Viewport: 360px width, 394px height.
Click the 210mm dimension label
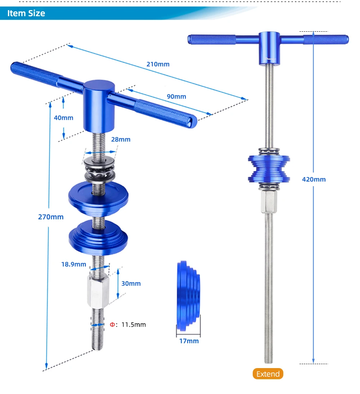[158, 64]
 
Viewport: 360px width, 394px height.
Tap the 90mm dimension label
[176, 97]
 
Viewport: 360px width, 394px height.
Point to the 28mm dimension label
[121, 139]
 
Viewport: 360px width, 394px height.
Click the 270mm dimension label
[51, 217]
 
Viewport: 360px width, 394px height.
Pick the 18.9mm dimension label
[73, 264]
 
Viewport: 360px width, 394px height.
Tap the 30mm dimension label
[131, 283]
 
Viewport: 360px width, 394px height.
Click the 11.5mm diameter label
[134, 324]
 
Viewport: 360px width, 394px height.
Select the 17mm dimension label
[189, 341]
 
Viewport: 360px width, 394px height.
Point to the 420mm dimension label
[314, 179]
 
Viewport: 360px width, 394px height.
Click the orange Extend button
[268, 374]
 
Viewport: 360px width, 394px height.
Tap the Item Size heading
[26, 13]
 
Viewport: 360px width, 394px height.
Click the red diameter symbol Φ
[112, 324]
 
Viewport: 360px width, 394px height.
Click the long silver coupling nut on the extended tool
[269, 202]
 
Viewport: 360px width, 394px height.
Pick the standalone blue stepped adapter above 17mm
[189, 296]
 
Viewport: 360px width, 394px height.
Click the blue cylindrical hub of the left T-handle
[99, 106]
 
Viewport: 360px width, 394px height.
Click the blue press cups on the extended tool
[269, 169]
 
